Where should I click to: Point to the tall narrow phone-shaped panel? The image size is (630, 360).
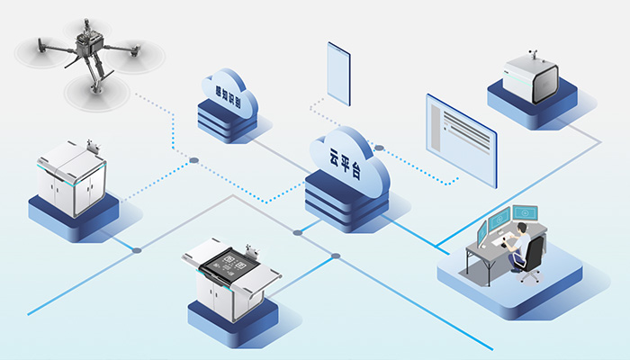pyautogui.click(x=338, y=72)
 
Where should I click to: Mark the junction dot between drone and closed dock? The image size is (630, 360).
pyautogui.click(x=193, y=160)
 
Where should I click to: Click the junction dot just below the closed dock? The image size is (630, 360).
pyautogui.click(x=137, y=249)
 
